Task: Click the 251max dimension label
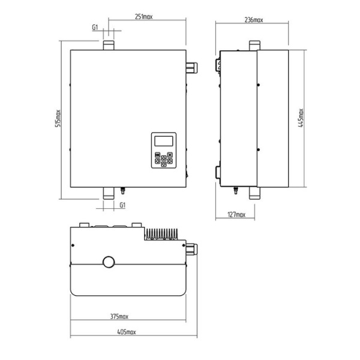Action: [143, 17]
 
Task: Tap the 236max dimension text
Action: [254, 20]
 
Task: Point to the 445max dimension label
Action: [301, 118]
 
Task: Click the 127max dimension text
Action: [236, 215]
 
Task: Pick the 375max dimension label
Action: [119, 317]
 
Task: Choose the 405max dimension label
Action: [127, 332]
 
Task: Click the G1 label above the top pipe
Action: [95, 28]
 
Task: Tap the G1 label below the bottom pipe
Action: [122, 205]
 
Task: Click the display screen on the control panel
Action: [164, 141]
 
